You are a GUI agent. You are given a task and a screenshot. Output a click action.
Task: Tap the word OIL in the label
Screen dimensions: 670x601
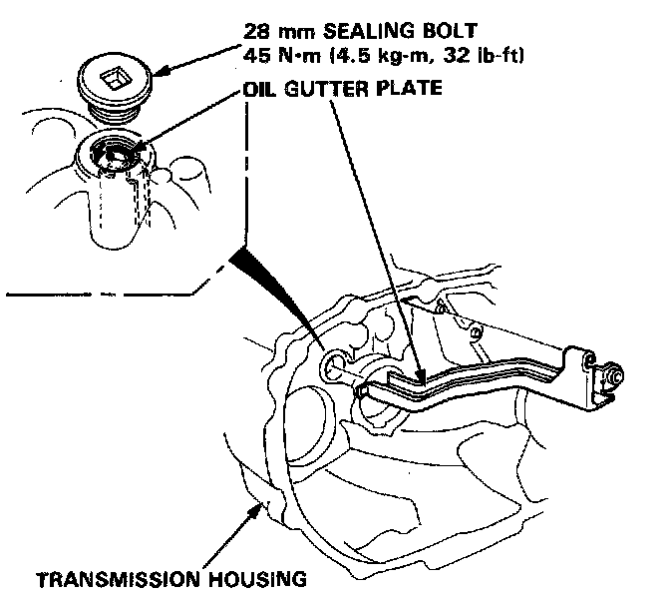click(259, 88)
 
